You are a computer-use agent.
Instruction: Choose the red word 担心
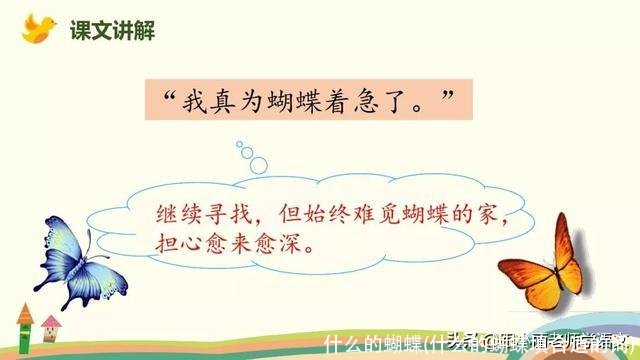tap(176, 244)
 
